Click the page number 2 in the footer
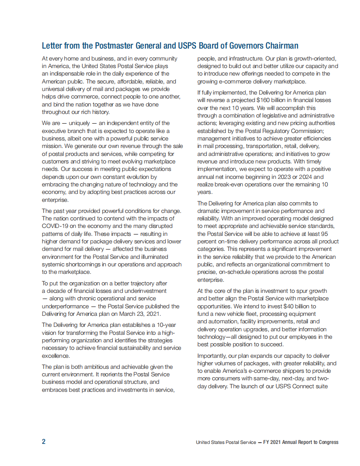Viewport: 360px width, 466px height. tap(44, 442)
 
